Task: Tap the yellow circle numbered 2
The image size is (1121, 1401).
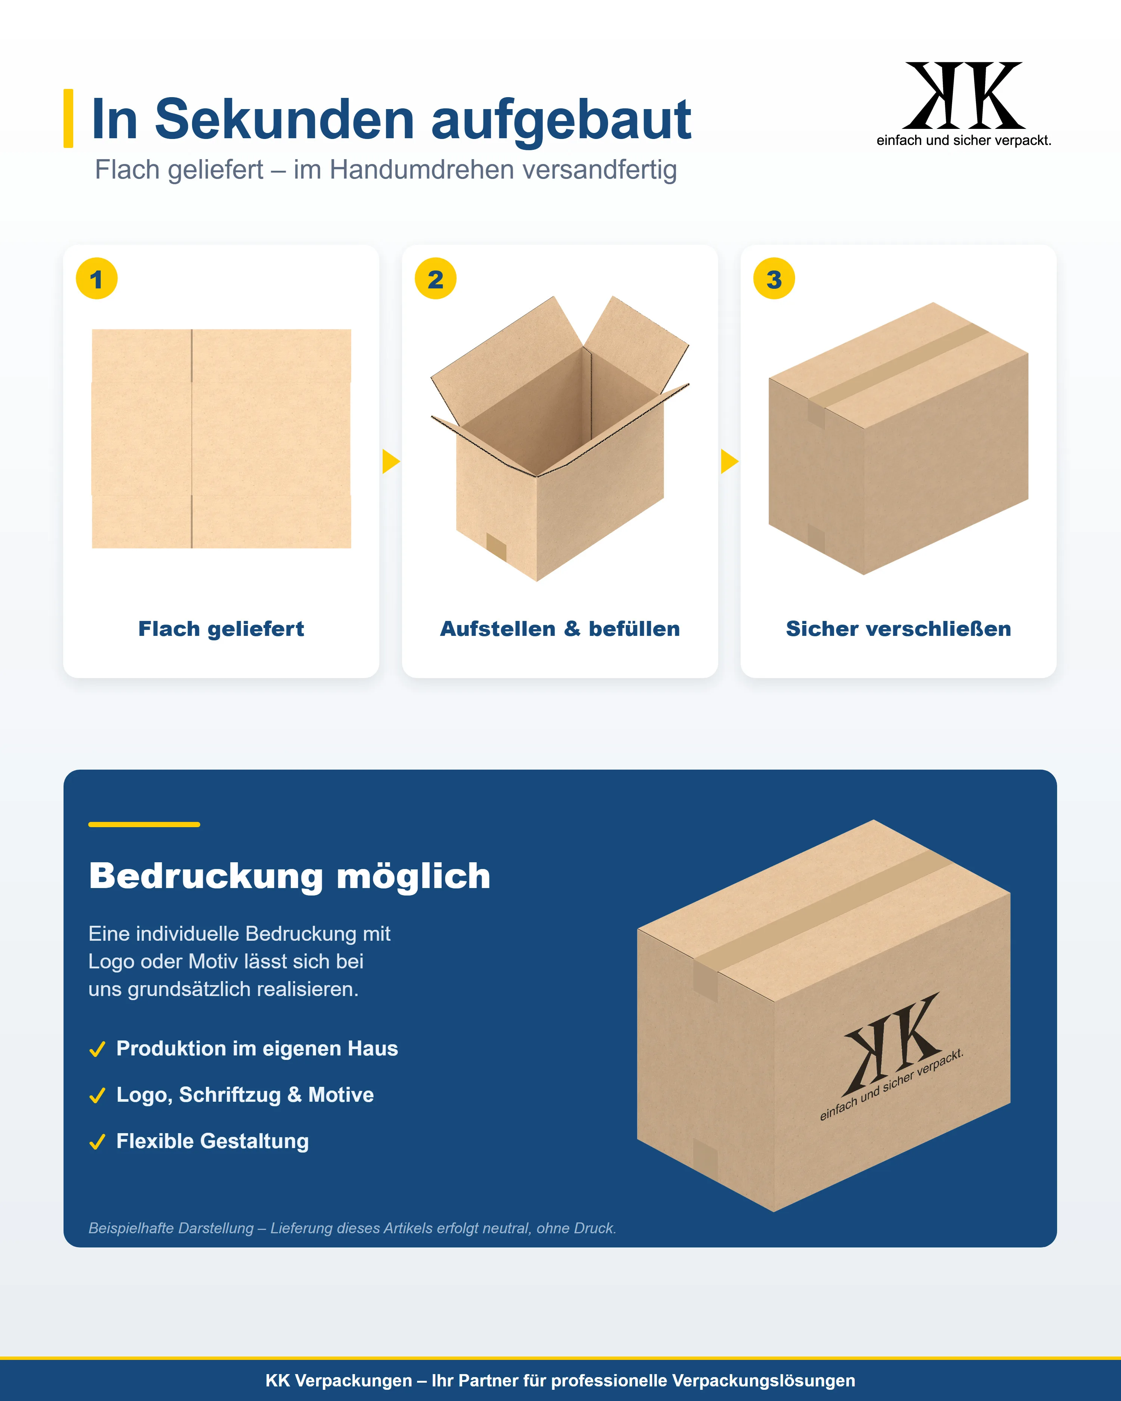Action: point(435,279)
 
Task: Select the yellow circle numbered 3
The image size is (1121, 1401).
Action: point(774,279)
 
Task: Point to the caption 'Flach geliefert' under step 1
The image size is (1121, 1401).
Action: point(221,629)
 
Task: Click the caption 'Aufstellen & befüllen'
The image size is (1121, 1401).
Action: point(560,629)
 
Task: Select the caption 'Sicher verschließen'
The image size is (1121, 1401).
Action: point(899,629)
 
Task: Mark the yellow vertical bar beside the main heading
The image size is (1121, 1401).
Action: point(68,118)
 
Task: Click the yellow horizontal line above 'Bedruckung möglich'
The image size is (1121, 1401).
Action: point(144,825)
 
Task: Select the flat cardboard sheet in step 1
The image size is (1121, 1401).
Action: point(222,439)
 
